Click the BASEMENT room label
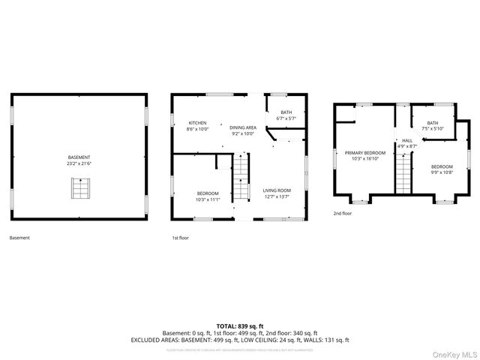78,157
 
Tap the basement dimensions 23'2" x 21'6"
78,163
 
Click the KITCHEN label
197,123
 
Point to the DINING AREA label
243,128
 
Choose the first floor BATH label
286,112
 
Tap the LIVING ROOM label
277,190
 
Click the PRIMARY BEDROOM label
361,152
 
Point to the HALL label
406,139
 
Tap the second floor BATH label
433,123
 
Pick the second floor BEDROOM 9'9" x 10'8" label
442,166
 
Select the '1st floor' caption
181,238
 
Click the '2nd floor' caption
343,213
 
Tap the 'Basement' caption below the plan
19,238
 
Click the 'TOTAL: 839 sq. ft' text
240,326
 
